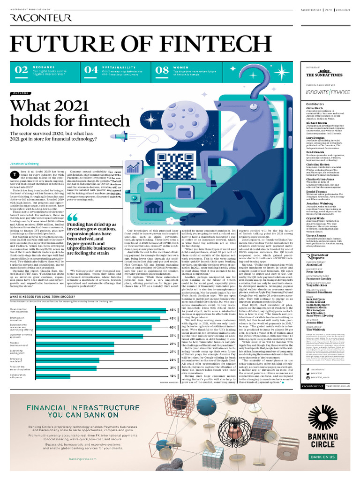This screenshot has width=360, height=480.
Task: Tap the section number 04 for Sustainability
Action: click(x=91, y=70)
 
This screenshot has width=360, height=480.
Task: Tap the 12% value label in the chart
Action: click(x=173, y=376)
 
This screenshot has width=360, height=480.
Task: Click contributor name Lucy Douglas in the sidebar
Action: click(x=315, y=137)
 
